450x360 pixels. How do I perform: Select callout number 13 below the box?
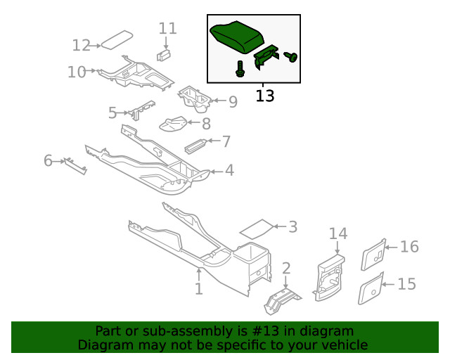click(x=264, y=95)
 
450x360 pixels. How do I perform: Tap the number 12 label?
click(x=81, y=46)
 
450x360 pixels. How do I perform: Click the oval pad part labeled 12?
click(x=117, y=39)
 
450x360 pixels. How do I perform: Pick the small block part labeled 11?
click(x=165, y=55)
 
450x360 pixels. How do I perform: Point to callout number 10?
click(x=77, y=72)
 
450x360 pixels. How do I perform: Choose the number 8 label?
click(x=206, y=124)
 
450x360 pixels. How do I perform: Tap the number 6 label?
click(x=48, y=161)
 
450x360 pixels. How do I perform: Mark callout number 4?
click(x=229, y=171)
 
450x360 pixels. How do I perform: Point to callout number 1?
click(x=198, y=288)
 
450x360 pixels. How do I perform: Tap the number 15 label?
click(x=406, y=284)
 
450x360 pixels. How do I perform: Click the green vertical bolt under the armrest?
click(x=240, y=69)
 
